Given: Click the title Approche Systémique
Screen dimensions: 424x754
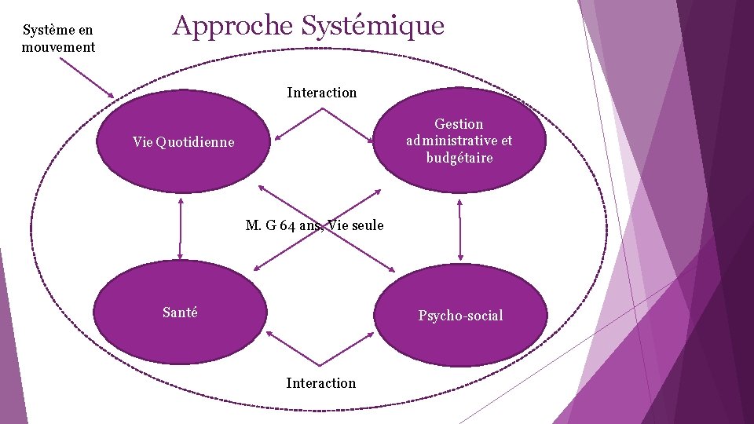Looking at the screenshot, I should click(308, 26).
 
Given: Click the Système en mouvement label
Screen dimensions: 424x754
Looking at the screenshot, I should click(58, 38).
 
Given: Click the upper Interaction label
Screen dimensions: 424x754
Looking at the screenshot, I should click(321, 93).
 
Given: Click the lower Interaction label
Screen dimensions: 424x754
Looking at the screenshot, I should click(320, 383).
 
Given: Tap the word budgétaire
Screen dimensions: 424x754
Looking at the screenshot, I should click(459, 158).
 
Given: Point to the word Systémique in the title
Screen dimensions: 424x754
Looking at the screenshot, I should click(373, 26).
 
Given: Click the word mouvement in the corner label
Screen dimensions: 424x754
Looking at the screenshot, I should click(58, 46).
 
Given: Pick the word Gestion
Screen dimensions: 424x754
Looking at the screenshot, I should click(459, 124).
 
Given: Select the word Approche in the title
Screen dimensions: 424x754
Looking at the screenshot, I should click(232, 26).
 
